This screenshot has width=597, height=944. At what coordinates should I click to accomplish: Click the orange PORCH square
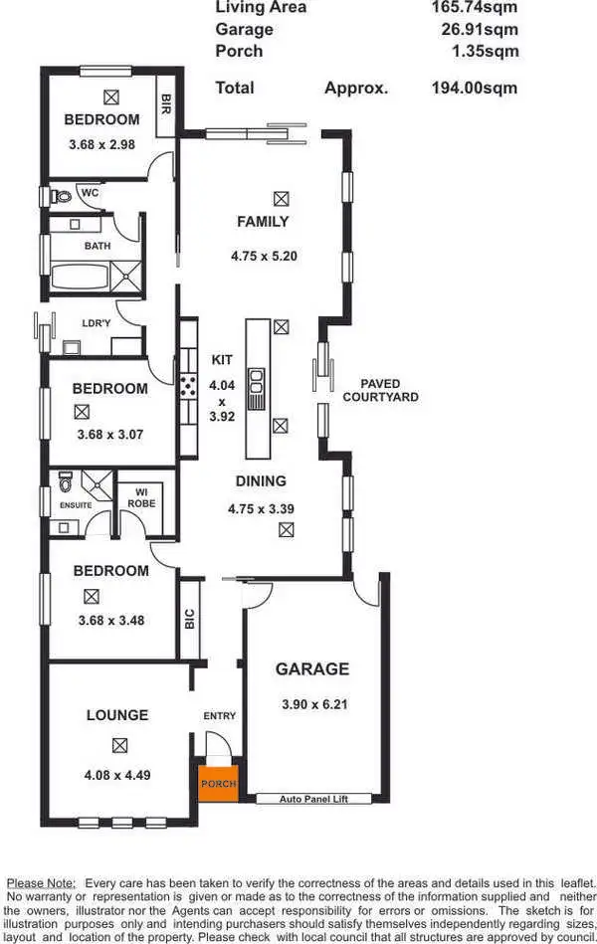pos(218,782)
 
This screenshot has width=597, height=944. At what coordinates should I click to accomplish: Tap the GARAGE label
pos(312,668)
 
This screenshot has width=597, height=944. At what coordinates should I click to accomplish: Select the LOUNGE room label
pos(117,714)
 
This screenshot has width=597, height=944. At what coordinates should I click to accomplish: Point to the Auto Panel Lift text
pos(311,798)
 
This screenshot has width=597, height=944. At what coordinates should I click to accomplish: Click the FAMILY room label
pos(263,221)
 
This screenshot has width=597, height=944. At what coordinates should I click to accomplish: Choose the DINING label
pos(261,481)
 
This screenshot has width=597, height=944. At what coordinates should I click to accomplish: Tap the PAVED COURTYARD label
pos(381,390)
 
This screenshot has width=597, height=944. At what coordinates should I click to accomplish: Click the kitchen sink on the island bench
pos(256,380)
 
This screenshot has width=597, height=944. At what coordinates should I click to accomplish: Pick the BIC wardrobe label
pos(189,618)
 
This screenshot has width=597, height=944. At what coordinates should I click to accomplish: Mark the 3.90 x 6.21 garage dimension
pos(313,704)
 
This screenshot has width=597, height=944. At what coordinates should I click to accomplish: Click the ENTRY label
pos(219,715)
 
